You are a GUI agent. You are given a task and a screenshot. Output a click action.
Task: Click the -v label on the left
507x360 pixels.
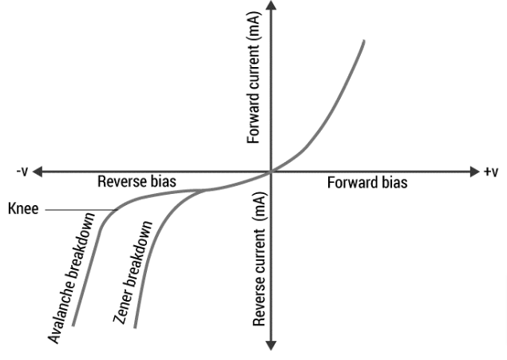22,172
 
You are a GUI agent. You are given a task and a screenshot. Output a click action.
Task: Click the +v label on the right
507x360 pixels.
490,172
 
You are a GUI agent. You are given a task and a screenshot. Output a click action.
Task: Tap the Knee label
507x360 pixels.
22,210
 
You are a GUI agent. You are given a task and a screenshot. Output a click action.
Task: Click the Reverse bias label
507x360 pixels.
137,182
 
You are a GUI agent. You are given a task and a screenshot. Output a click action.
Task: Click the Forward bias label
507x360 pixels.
367,183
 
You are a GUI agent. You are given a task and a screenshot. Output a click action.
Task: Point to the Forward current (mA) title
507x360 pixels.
255,85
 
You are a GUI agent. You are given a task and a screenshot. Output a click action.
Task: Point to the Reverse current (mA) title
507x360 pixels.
259,263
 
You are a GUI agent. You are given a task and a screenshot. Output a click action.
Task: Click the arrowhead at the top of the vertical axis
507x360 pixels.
272,6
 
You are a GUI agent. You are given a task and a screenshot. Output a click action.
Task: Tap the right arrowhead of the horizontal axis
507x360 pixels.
474,172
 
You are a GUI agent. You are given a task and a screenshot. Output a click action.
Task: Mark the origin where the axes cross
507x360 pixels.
272,172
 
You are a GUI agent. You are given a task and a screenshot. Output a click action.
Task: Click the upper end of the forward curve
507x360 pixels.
364,41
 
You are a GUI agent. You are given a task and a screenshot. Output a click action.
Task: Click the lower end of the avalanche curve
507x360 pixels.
73,325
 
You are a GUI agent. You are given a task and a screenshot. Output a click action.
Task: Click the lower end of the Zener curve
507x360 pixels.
136,326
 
